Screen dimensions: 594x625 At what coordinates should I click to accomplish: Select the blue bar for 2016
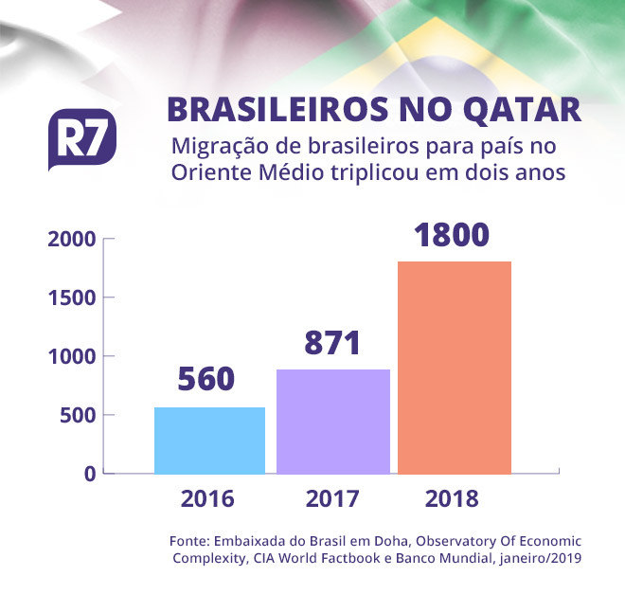point(209,441)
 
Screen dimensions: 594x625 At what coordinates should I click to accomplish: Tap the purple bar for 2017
point(333,422)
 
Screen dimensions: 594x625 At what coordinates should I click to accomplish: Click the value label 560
point(206,379)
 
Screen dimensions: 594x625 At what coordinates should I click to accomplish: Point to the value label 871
point(332,341)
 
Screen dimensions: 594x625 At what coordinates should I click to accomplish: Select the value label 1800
point(455,234)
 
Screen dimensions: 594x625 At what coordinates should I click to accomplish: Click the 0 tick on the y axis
point(89,474)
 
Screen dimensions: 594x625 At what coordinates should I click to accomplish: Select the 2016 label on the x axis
point(207,499)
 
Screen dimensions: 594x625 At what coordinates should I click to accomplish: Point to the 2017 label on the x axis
point(331,499)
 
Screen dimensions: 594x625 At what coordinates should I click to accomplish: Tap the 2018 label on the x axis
point(453,499)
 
